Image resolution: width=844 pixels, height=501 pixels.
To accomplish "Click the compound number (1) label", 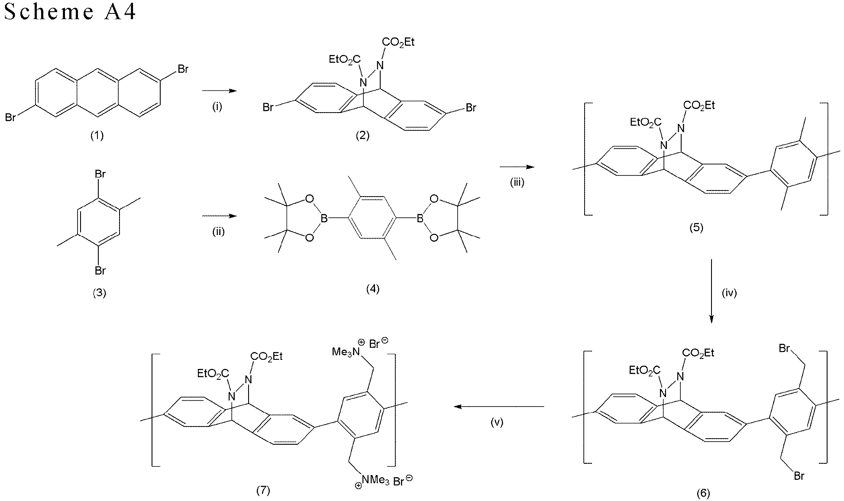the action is point(97,136).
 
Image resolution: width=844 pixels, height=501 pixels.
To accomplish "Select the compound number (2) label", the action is point(362,136).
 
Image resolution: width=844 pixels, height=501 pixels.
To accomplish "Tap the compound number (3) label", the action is point(100,293).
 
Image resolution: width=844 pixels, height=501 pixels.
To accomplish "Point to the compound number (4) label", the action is point(373,289).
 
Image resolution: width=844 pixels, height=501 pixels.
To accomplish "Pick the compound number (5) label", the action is point(696,228).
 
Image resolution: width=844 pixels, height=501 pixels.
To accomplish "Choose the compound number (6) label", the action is point(703,493).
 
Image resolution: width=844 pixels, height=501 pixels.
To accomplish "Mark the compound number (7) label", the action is point(263,490).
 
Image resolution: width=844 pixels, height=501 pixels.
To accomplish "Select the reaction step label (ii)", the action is point(218,232).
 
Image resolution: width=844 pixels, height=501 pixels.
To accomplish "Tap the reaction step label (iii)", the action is point(517,183).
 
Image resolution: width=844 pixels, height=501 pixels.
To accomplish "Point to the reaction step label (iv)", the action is point(729,293).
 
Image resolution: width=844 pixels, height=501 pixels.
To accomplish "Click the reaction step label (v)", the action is point(497,423).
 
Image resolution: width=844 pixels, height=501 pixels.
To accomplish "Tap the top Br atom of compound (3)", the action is point(100,175).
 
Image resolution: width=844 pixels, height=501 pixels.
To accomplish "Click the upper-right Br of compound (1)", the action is point(183,69).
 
